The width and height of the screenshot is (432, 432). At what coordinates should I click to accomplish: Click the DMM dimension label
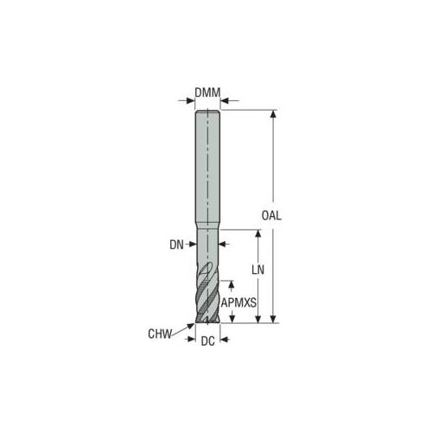tap(207, 92)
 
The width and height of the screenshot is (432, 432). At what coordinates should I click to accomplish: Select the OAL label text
tap(271, 215)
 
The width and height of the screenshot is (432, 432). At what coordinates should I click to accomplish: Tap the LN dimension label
tap(257, 270)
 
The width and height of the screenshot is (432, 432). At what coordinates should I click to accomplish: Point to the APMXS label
tap(238, 302)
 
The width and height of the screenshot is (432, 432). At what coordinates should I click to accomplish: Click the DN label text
tap(176, 245)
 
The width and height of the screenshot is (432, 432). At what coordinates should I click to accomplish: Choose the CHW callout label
tap(160, 334)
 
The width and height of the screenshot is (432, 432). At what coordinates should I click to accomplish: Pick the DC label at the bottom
tap(208, 341)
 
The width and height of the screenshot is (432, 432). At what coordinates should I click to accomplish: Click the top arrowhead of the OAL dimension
tap(274, 114)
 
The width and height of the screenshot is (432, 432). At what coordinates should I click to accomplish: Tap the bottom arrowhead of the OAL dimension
tap(274, 319)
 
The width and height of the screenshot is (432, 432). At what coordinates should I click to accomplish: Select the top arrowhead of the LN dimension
tap(258, 233)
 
